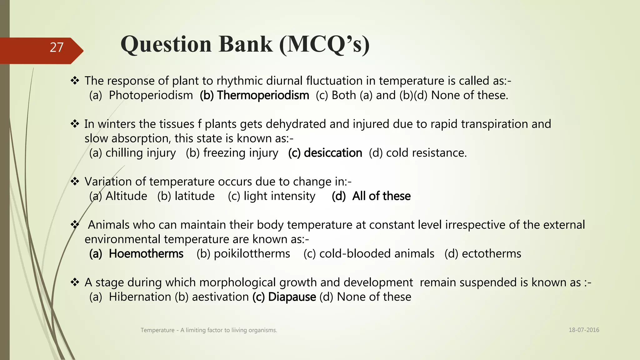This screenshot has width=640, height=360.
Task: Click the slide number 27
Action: [x=57, y=47]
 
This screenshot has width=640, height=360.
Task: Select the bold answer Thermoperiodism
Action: [x=262, y=95]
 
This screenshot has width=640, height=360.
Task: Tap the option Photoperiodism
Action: [x=151, y=95]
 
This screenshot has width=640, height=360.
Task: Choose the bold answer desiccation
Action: [x=332, y=153]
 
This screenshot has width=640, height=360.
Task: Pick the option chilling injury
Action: [x=140, y=153]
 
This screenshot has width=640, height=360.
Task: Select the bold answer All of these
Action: [x=381, y=196]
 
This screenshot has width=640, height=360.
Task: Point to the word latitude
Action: [x=194, y=196]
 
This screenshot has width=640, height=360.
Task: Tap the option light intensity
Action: [x=279, y=196]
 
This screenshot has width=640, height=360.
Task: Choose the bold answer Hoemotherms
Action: [x=146, y=253]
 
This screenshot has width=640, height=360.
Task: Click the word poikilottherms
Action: [x=252, y=253]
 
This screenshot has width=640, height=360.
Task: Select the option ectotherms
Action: [x=491, y=253]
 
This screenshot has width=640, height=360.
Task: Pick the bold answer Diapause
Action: [x=292, y=297]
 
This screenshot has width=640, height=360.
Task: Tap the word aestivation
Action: [x=220, y=297]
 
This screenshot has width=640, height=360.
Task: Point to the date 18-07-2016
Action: [x=584, y=330]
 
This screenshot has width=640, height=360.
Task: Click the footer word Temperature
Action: [x=157, y=330]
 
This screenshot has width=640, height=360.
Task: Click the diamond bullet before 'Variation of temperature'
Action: [x=75, y=181]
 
